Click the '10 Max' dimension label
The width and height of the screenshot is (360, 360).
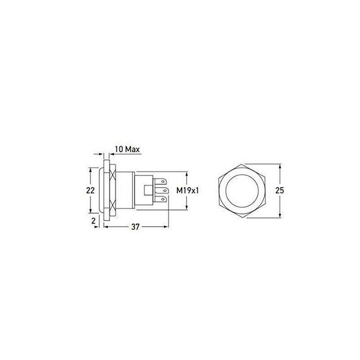point(127,149)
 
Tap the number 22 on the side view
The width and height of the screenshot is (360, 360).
point(90,190)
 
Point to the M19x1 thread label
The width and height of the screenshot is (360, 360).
point(188,190)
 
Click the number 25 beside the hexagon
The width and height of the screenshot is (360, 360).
point(279,190)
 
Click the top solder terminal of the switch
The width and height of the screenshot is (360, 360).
point(162,182)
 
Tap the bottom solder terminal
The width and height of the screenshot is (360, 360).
point(162,198)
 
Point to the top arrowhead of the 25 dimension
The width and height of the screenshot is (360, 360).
point(279,166)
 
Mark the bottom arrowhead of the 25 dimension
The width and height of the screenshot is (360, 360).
point(279,216)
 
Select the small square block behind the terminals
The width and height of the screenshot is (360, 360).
point(147,190)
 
